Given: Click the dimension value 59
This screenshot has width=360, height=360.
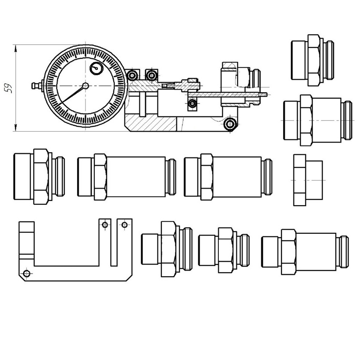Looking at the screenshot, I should click(x=7, y=88).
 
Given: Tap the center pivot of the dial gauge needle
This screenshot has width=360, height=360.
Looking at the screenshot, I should click(x=86, y=86).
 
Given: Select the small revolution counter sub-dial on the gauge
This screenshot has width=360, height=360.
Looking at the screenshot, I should click(x=96, y=68).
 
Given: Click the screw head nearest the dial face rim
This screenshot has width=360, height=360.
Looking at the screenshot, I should click(x=132, y=75).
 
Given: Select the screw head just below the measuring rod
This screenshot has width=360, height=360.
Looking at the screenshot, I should click(x=192, y=103).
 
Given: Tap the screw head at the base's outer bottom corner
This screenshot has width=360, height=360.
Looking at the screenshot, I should click(x=229, y=124).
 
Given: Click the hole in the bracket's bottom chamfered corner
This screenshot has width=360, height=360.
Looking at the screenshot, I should click(x=27, y=274).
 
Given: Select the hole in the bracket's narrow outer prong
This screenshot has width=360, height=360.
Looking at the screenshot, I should click(x=124, y=225).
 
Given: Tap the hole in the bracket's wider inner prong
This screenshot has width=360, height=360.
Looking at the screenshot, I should click(x=104, y=225).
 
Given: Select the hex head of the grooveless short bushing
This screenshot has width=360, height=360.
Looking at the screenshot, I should click(x=300, y=180).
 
